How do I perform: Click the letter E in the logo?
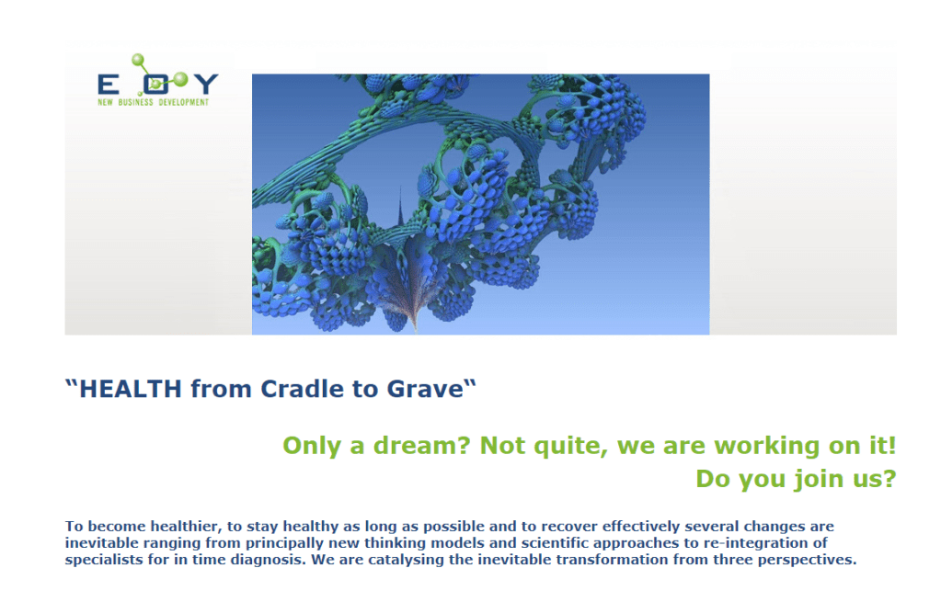coord(108,85)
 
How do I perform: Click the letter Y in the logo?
coord(206,84)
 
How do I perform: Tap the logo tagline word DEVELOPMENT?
coord(184,103)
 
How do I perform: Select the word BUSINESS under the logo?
coord(135,103)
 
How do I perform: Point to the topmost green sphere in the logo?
coord(138,60)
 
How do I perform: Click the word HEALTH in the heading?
coord(131,389)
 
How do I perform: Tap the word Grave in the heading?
coord(426,389)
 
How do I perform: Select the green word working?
coord(767,447)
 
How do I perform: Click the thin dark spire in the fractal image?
coord(401,208)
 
